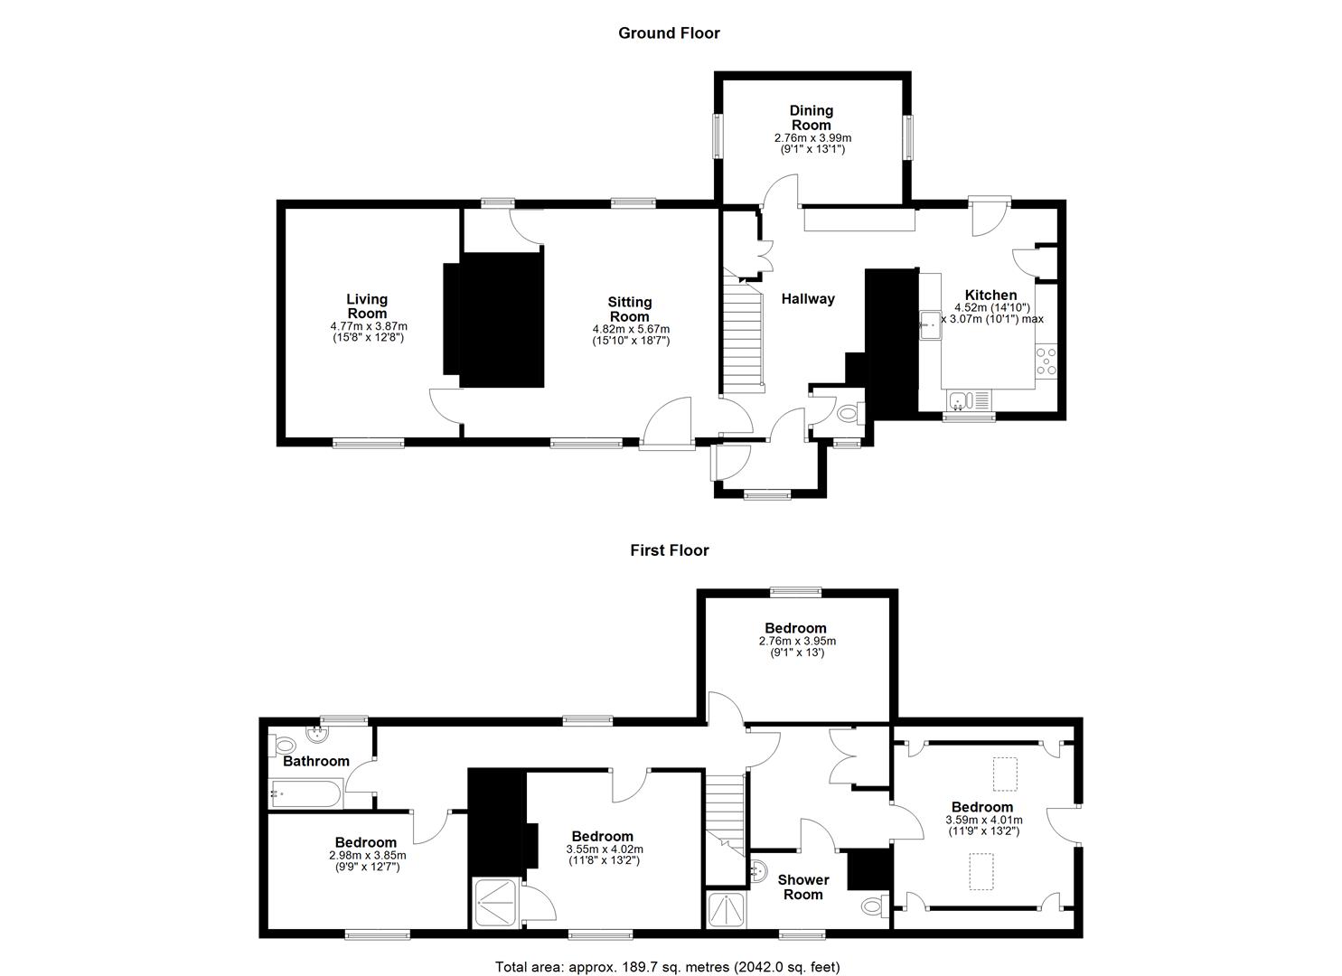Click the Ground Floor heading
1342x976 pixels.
pos(670,33)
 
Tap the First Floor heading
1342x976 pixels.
pos(670,550)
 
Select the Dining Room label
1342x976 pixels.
pos(812,118)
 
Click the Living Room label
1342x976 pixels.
pos(367,306)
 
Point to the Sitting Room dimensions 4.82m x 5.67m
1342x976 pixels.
pos(631,330)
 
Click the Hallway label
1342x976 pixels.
pos(808,299)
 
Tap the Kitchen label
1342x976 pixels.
pos(991,295)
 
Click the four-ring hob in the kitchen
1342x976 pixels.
pos(1046,361)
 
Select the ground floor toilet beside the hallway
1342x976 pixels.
pos(850,413)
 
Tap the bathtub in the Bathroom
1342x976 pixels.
pos(305,794)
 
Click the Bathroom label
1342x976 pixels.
pos(315,762)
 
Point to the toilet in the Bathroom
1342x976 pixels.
pos(284,746)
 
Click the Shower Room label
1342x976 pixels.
pos(803,887)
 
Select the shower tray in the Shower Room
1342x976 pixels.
pos(727,911)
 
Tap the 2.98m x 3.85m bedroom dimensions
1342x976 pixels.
pos(367,856)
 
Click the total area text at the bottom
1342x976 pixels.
pos(668,950)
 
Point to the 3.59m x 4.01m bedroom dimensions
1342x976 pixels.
pos(984,821)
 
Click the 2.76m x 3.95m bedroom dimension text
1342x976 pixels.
pos(797,641)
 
